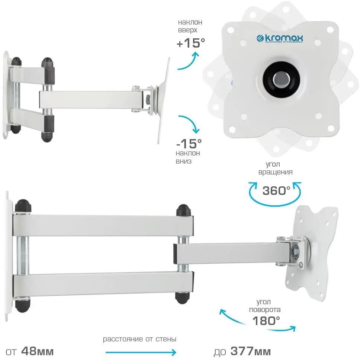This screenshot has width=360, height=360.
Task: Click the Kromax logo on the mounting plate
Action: point(280,39)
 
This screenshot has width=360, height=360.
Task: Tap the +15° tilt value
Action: point(190,43)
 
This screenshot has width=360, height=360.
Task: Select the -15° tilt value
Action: point(189,144)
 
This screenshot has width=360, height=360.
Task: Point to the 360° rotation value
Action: point(276,190)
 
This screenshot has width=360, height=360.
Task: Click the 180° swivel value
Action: point(266,321)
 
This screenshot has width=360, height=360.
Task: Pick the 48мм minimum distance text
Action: point(37,351)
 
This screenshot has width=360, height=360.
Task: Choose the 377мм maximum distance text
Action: point(251,351)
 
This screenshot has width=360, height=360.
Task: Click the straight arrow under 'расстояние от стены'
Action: point(141,352)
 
